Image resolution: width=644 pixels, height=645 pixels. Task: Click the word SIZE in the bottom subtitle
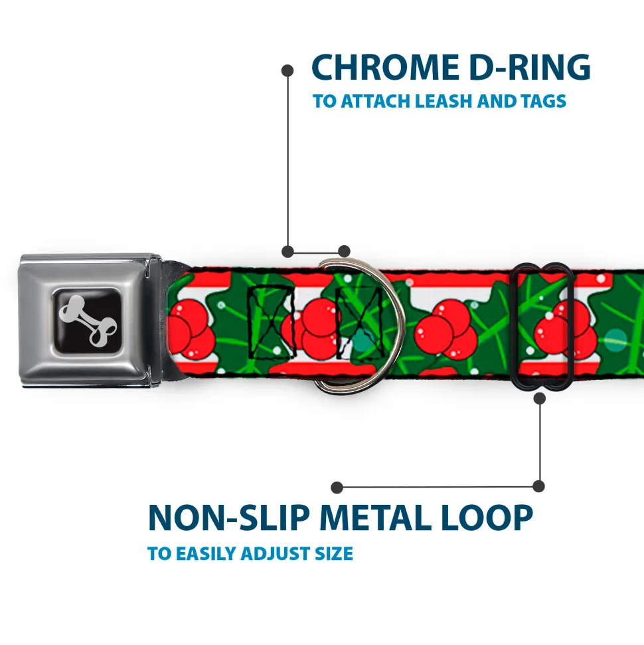[x=331, y=553]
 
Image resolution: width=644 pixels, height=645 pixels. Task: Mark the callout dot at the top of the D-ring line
[x=287, y=69]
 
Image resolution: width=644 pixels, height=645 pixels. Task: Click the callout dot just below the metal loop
[x=539, y=398]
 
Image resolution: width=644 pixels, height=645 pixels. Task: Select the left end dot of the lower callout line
[x=337, y=487]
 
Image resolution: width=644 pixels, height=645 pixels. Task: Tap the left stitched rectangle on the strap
[x=271, y=320]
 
